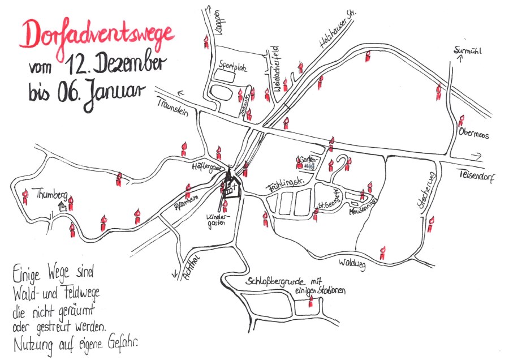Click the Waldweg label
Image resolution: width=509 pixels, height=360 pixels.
click(x=353, y=263)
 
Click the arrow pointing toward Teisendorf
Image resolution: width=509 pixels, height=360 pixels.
click(x=475, y=156)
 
